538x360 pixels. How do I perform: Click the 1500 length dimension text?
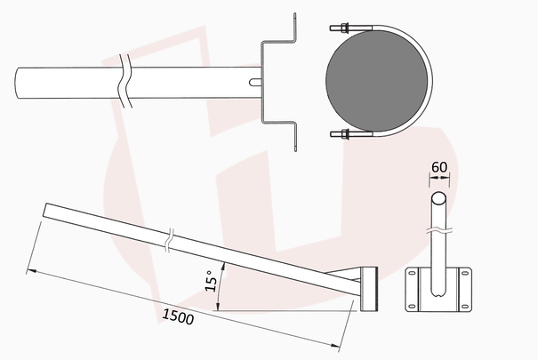[x=178, y=316]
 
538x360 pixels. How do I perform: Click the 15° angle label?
[x=211, y=281]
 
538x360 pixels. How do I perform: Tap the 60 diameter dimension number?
[x=439, y=167]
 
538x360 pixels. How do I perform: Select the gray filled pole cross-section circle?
[x=377, y=81]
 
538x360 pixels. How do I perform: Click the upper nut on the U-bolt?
[x=344, y=28]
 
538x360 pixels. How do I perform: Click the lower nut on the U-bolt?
[x=344, y=134]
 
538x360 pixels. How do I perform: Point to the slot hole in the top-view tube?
[x=255, y=83]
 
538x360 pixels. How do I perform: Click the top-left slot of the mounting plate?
[x=412, y=273]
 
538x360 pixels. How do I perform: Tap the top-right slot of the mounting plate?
[x=464, y=273]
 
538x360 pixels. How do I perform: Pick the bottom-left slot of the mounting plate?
[x=412, y=306]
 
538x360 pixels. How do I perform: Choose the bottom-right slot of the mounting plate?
[x=464, y=306]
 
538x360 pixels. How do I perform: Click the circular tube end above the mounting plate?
[x=438, y=198]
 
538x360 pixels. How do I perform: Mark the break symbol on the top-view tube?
[x=124, y=81]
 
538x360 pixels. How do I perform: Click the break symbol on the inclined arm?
[x=170, y=240]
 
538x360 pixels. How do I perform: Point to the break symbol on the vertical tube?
[x=438, y=230]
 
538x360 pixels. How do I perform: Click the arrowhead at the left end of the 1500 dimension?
[x=32, y=271]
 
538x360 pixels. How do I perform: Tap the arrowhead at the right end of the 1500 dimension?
[x=334, y=346]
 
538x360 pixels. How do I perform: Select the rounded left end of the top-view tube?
[x=17, y=83]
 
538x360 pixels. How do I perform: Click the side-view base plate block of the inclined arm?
[x=369, y=289]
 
